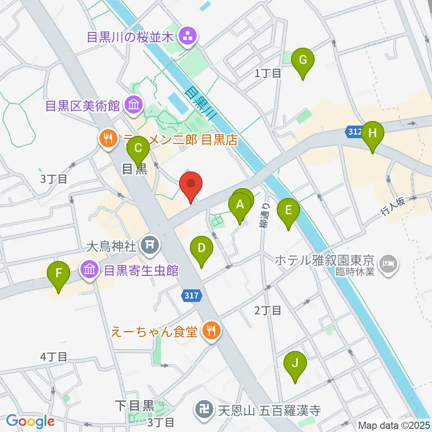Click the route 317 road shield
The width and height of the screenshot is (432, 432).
(x=192, y=295)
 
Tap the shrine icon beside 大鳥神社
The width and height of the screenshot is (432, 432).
(x=148, y=246)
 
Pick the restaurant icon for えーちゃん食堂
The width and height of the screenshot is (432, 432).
(x=211, y=332)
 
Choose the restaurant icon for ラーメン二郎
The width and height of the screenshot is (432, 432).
(x=107, y=138)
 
